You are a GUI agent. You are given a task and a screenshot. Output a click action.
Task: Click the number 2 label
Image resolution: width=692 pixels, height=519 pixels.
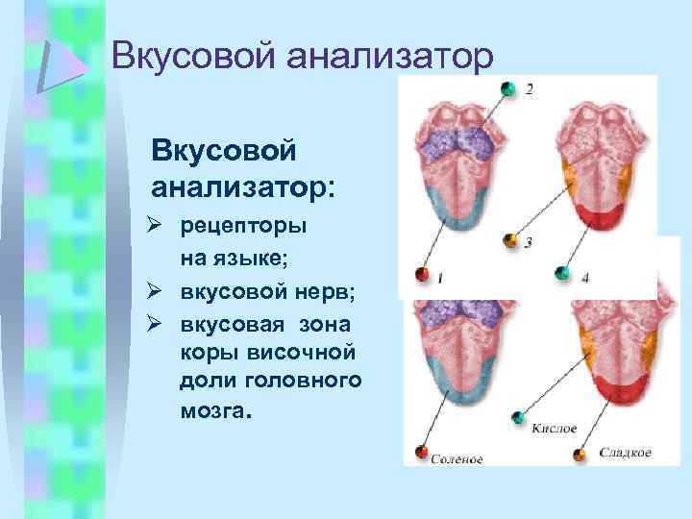tap(530, 90)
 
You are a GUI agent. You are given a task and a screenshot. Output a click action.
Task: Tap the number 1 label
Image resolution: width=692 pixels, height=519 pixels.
tap(440, 278)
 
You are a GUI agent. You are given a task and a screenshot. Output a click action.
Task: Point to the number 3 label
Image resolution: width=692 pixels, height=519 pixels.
tap(529, 242)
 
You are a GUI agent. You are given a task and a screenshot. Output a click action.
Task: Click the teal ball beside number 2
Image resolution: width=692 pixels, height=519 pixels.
tap(507, 87)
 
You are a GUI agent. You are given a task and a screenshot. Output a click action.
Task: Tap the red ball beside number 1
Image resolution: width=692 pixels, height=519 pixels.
tap(420, 274)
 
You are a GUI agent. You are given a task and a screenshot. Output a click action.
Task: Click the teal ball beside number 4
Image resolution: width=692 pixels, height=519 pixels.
tap(561, 273)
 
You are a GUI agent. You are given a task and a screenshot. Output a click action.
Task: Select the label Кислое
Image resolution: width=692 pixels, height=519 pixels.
tap(555, 426)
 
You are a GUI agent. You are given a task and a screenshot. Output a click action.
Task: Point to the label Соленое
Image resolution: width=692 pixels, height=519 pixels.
tap(457, 458)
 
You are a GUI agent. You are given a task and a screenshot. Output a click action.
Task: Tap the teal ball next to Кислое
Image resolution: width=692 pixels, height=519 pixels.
tap(518, 417)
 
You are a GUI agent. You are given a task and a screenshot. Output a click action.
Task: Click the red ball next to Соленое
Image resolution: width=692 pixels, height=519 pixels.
tap(421, 452)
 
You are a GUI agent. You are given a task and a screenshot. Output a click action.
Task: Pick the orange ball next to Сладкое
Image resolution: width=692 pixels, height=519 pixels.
tap(579, 452)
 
